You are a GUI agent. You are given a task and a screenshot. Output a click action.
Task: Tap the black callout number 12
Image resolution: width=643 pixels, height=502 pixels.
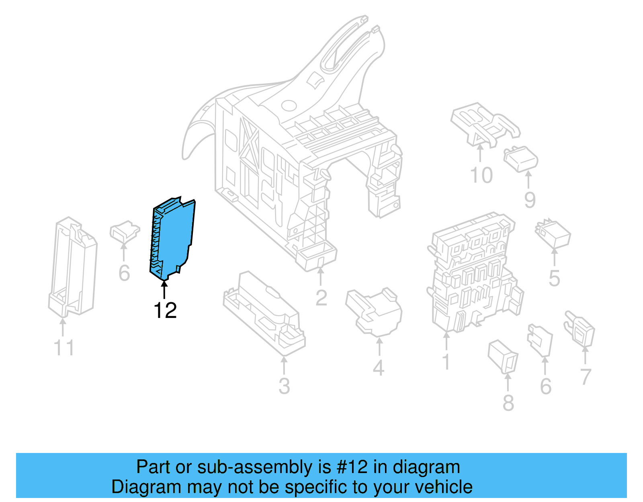pos(165,310)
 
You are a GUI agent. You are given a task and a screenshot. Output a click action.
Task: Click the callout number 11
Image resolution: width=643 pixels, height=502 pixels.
pos(64,348)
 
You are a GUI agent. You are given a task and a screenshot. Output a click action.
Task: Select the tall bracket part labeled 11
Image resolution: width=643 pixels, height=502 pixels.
pos(72,267)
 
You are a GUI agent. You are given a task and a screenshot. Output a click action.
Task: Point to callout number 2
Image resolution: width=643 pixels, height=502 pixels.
pos(321,298)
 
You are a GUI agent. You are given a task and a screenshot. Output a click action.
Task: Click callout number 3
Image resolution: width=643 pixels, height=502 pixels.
pos(284,386)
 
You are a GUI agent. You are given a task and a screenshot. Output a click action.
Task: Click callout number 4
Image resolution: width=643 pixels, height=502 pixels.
pos(379,368)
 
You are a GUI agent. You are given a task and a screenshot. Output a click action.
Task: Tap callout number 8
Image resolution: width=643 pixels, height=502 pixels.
pos(508,403)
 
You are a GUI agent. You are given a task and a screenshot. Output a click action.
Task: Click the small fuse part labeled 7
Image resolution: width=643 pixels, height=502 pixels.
pos(581,330)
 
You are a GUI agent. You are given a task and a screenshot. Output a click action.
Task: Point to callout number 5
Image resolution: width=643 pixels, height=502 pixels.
pos(554,278)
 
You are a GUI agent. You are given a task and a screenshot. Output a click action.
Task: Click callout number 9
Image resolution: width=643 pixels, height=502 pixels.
pos(530,200)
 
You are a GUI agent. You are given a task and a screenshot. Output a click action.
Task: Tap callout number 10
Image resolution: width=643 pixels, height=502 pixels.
pos(481,175)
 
